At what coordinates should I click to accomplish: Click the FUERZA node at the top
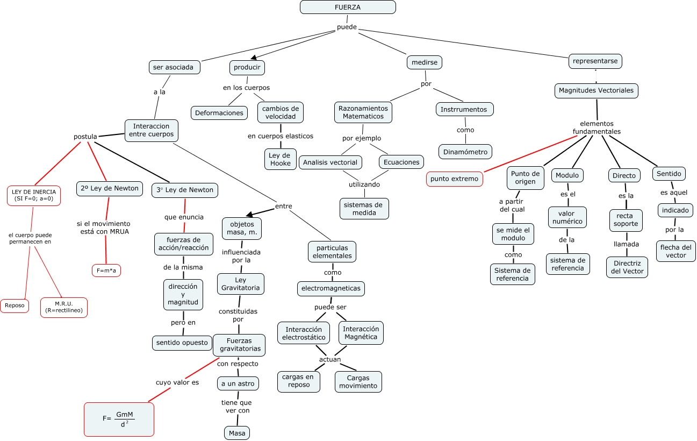(348, 7)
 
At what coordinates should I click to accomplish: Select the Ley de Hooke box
(280, 159)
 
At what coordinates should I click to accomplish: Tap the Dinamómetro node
(465, 152)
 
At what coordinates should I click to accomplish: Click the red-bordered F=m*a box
(106, 271)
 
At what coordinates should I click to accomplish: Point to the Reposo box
(15, 305)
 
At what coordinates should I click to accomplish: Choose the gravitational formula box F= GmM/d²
(119, 419)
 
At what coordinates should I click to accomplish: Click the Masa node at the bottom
(236, 433)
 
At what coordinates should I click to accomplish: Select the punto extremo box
(454, 179)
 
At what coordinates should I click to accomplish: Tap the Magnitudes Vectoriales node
(596, 90)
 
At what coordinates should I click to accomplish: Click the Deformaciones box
(219, 112)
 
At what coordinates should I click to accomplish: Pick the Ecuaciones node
(401, 162)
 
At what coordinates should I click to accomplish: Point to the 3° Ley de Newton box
(185, 190)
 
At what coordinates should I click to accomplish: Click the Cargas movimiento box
(358, 381)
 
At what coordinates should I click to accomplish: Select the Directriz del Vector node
(627, 267)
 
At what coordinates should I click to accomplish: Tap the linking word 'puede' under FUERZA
(347, 27)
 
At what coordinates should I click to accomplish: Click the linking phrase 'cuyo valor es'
(177, 382)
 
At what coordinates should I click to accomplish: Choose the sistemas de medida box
(364, 209)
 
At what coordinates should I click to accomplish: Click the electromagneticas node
(331, 288)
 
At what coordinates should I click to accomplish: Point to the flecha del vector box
(676, 251)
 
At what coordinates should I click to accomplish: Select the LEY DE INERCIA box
(34, 195)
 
